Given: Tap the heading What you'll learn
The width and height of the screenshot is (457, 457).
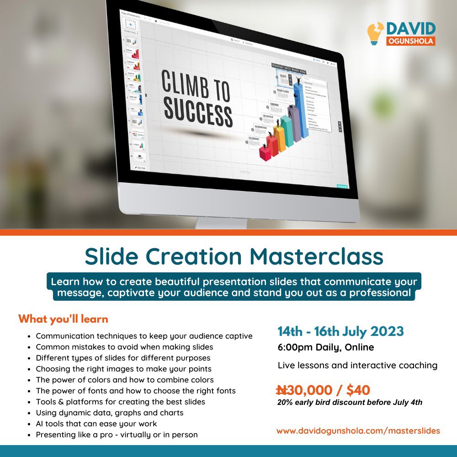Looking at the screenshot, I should [63, 319].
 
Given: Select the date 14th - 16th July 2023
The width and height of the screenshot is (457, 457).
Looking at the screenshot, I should [340, 331].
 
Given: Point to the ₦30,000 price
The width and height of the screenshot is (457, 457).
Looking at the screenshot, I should [304, 390].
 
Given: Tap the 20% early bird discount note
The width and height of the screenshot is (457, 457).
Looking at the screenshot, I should [350, 403].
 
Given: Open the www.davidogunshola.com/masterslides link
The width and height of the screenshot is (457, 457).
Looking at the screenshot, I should [358, 430].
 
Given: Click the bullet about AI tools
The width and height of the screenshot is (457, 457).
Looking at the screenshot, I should [96, 424].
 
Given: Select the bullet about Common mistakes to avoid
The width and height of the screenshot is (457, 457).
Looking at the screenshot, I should [124, 347].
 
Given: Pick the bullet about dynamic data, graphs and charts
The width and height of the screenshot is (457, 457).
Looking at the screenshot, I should [110, 413].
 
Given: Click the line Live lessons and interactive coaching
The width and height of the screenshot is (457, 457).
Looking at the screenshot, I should [357, 365].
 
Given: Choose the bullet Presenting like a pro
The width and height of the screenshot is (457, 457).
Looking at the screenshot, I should [117, 435].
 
